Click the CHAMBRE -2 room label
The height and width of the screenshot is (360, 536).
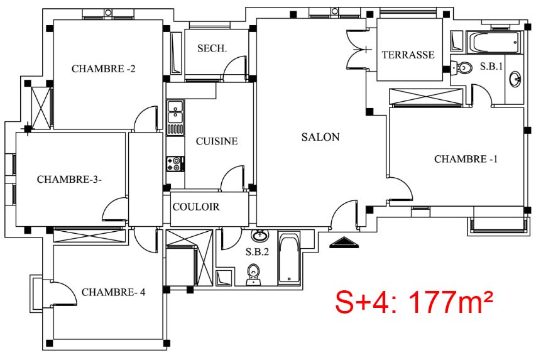pyautogui.click(x=103, y=68)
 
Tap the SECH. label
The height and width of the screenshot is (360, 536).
pyautogui.click(x=212, y=48)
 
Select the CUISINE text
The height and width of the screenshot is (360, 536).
pyautogui.click(x=217, y=141)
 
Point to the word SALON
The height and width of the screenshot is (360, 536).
pyautogui.click(x=320, y=137)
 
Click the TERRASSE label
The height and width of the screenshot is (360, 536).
pyautogui.click(x=408, y=55)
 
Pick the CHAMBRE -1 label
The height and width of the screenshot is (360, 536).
pyautogui.click(x=466, y=159)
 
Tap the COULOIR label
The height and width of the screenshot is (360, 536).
pyautogui.click(x=196, y=207)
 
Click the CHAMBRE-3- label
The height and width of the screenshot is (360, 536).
pyautogui.click(x=69, y=180)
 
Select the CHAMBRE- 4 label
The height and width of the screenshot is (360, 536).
pyautogui.click(x=113, y=292)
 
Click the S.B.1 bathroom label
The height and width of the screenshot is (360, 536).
pyautogui.click(x=491, y=67)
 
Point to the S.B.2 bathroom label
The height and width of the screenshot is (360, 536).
pyautogui.click(x=257, y=252)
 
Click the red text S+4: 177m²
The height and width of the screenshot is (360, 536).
pyautogui.click(x=414, y=302)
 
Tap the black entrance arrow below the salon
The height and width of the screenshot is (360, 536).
pyautogui.click(x=344, y=243)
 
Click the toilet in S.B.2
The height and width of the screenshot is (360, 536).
pyautogui.click(x=253, y=275)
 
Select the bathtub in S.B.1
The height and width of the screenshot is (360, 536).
pyautogui.click(x=494, y=43)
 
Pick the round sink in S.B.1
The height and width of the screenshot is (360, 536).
pyautogui.click(x=515, y=79)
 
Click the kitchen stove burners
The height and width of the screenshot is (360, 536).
pyautogui.click(x=175, y=164)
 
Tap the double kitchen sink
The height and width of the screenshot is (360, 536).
pyautogui.click(x=175, y=112)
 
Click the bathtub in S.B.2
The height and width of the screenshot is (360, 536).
pyautogui.click(x=289, y=258)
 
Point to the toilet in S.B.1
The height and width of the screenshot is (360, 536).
pyautogui.click(x=461, y=67)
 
